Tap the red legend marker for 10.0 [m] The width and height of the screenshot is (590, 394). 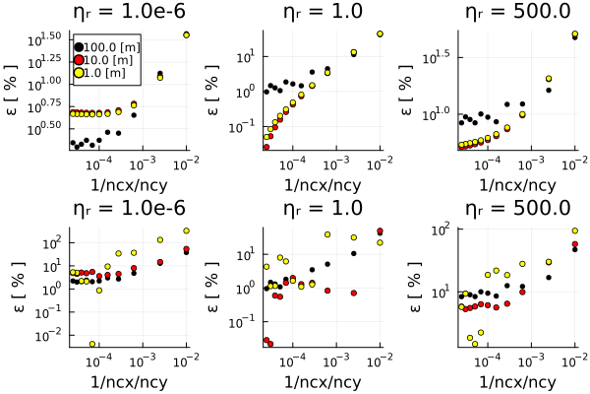pos(79,61)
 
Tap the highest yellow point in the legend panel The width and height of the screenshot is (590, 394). pos(186,34)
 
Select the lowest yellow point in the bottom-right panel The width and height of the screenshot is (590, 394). pos(475,344)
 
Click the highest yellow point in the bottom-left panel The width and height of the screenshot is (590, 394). pos(186,230)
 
